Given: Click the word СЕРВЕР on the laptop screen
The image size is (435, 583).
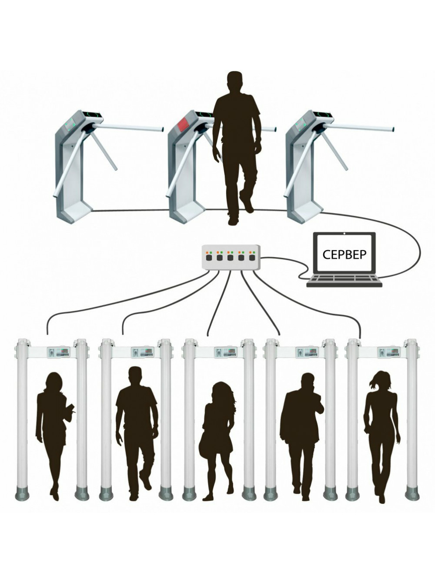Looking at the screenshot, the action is coord(345,254).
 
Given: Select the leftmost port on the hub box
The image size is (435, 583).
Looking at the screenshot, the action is coord(209,257).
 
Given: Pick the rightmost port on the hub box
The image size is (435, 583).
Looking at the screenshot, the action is coord(251,257).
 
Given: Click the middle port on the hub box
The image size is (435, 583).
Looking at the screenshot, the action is coord(230,257).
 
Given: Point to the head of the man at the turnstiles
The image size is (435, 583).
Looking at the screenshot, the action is coord(237,81).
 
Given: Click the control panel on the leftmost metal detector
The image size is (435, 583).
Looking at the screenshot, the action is coord(59,352).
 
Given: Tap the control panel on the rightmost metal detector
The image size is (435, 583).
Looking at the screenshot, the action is coord(389,352).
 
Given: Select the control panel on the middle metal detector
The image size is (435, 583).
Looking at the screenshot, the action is coord(226,352).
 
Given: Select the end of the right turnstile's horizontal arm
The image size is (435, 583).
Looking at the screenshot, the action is coord(392,129).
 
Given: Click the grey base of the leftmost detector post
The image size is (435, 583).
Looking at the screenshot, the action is coord(22,494).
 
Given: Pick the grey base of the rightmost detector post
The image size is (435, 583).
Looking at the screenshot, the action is coord(412,494).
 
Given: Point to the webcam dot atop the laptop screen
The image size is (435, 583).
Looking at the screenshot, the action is coord(345,234).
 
